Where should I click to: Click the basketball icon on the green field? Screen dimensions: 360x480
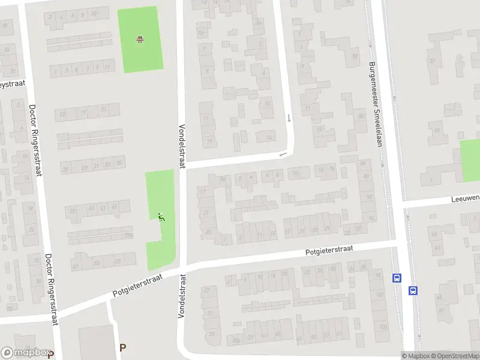tap(140, 40)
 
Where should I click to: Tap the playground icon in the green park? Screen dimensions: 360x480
tap(161, 217)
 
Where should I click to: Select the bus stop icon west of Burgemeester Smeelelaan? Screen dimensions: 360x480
tap(396, 278)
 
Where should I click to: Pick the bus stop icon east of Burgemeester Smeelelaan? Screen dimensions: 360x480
tap(413, 290)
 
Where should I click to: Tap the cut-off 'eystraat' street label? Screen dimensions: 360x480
tap(12, 84)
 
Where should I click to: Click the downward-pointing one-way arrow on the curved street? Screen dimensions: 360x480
tap(289, 118)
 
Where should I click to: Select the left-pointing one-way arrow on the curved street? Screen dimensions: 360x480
tap(283, 155)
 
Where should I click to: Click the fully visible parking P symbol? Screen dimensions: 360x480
tap(123, 347)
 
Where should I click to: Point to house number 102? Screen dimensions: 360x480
tap(380, 295)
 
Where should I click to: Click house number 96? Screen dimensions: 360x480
tap(372, 218)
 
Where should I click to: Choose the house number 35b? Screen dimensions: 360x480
tap(236, 340)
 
